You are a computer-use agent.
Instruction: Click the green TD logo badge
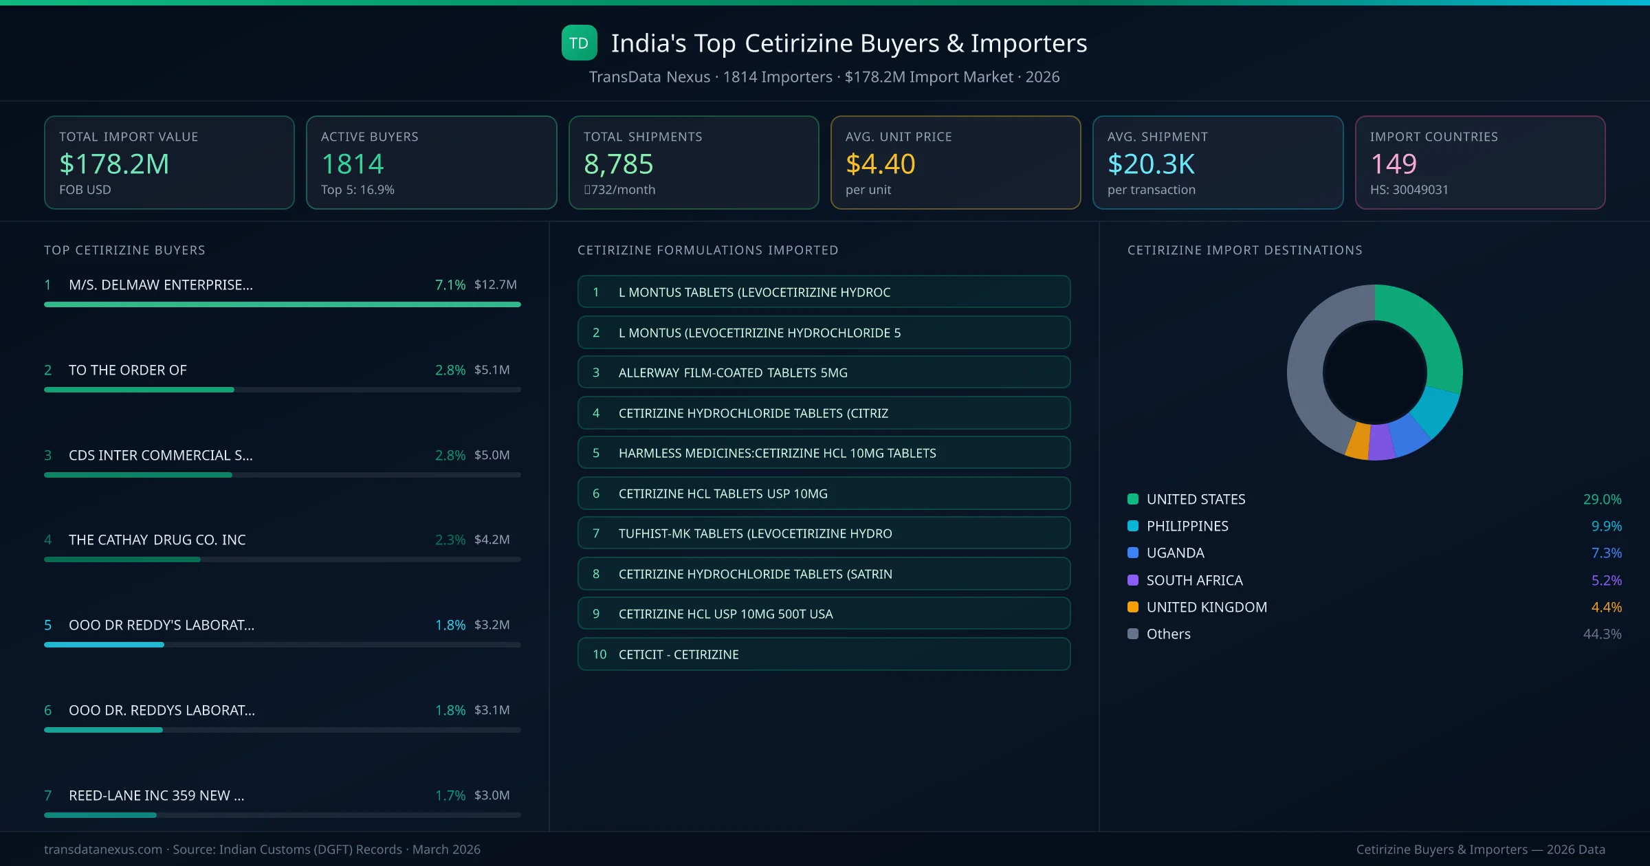point(579,43)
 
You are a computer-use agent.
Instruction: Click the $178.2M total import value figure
point(114,164)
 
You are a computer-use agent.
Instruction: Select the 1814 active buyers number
point(352,164)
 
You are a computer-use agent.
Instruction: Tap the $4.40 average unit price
point(880,164)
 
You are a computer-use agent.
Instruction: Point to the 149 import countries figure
point(1393,164)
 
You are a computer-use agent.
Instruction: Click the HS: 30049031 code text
point(1409,190)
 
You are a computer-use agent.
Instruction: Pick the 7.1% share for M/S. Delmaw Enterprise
point(450,285)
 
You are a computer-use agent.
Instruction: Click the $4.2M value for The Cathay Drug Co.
point(492,540)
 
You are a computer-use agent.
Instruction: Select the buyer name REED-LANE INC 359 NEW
point(156,795)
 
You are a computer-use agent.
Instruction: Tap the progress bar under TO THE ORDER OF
point(282,390)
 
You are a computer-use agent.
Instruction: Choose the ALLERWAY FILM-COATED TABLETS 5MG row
point(824,373)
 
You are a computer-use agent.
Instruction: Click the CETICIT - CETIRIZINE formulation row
point(824,654)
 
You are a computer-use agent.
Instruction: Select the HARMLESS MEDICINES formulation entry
point(824,453)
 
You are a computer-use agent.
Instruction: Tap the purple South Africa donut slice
point(1380,443)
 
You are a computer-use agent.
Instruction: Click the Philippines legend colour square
point(1133,526)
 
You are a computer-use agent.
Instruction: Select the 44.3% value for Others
point(1602,634)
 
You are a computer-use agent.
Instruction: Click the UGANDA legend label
point(1175,553)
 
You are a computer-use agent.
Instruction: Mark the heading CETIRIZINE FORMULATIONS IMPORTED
point(707,250)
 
